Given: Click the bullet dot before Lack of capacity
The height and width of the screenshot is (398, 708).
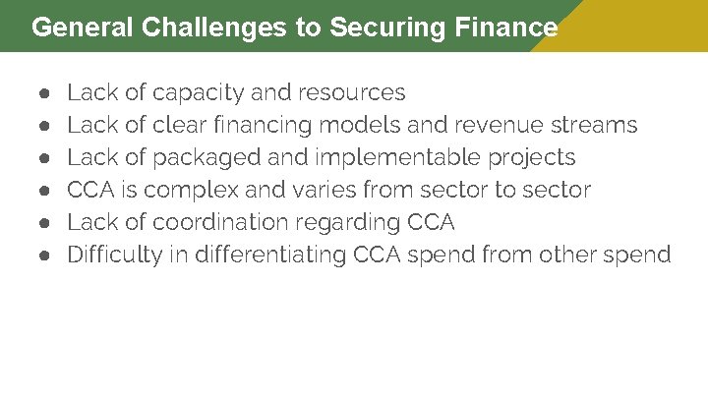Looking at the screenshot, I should click(45, 93).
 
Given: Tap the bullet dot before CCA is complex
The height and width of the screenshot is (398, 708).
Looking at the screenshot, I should click(45, 190).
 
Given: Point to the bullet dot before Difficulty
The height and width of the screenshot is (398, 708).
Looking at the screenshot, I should click(45, 256).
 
